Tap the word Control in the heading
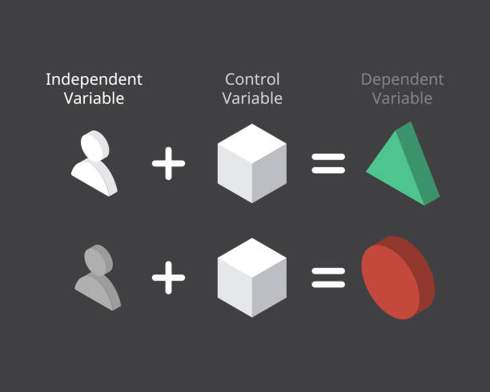click(252, 79)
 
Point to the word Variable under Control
click(252, 98)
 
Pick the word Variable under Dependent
click(402, 98)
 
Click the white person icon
click(95, 164)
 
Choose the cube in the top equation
click(252, 164)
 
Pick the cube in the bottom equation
click(252, 278)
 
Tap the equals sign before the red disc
click(328, 277)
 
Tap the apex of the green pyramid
click(408, 124)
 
